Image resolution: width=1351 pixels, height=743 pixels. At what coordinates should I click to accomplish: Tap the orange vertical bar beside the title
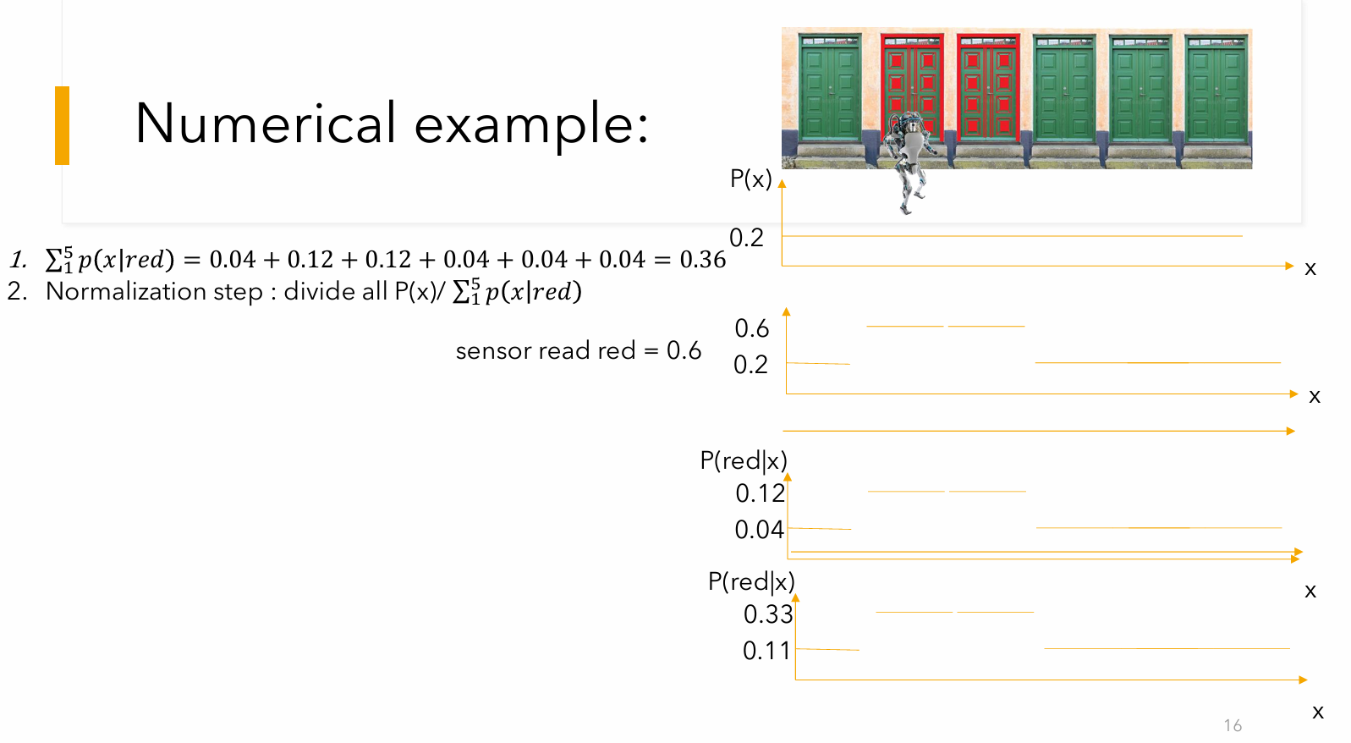[62, 125]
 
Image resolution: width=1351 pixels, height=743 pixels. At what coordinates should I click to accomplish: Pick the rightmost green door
[1216, 88]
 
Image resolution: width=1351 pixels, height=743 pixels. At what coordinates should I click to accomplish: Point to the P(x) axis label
[751, 179]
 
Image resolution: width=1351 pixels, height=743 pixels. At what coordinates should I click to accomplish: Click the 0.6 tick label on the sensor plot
[751, 328]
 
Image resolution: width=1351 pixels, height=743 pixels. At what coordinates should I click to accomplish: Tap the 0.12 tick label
[760, 493]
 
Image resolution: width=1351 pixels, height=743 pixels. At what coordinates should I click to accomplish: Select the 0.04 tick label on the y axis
[760, 530]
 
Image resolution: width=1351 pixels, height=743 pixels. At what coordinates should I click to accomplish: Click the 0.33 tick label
[768, 614]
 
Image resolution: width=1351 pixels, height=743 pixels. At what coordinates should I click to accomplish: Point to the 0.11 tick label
[766, 651]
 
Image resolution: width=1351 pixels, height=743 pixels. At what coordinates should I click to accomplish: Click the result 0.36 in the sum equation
[703, 259]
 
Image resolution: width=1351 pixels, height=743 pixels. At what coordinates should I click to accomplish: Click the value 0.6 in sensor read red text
[684, 350]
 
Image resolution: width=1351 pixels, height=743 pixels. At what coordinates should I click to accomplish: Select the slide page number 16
[1233, 725]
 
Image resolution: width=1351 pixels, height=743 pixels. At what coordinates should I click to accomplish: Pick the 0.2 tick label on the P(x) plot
[746, 238]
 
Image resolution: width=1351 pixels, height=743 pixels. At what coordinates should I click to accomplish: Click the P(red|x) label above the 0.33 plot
[751, 581]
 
